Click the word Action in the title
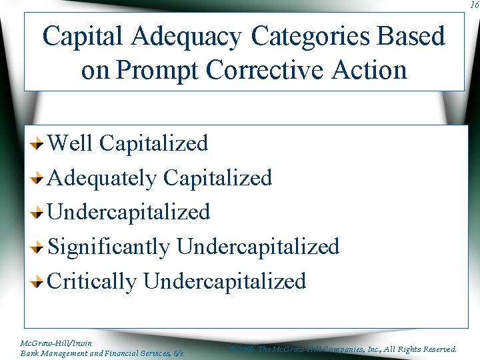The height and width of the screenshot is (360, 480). point(371,69)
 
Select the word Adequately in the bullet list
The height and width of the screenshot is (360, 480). point(102,178)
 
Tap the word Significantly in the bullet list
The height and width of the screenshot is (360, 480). point(109,247)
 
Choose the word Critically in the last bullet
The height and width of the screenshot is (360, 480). point(92,281)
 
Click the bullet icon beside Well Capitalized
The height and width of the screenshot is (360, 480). point(39,143)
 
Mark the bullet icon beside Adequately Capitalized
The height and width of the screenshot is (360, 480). point(39,178)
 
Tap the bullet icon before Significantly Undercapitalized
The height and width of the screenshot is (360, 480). point(39,247)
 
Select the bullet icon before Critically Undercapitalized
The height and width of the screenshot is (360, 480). point(39,282)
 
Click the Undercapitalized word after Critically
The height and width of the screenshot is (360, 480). point(225,281)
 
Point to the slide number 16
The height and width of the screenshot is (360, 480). point(472,5)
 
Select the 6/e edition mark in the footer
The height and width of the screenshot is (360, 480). point(177,353)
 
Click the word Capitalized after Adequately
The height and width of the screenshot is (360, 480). point(217,178)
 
